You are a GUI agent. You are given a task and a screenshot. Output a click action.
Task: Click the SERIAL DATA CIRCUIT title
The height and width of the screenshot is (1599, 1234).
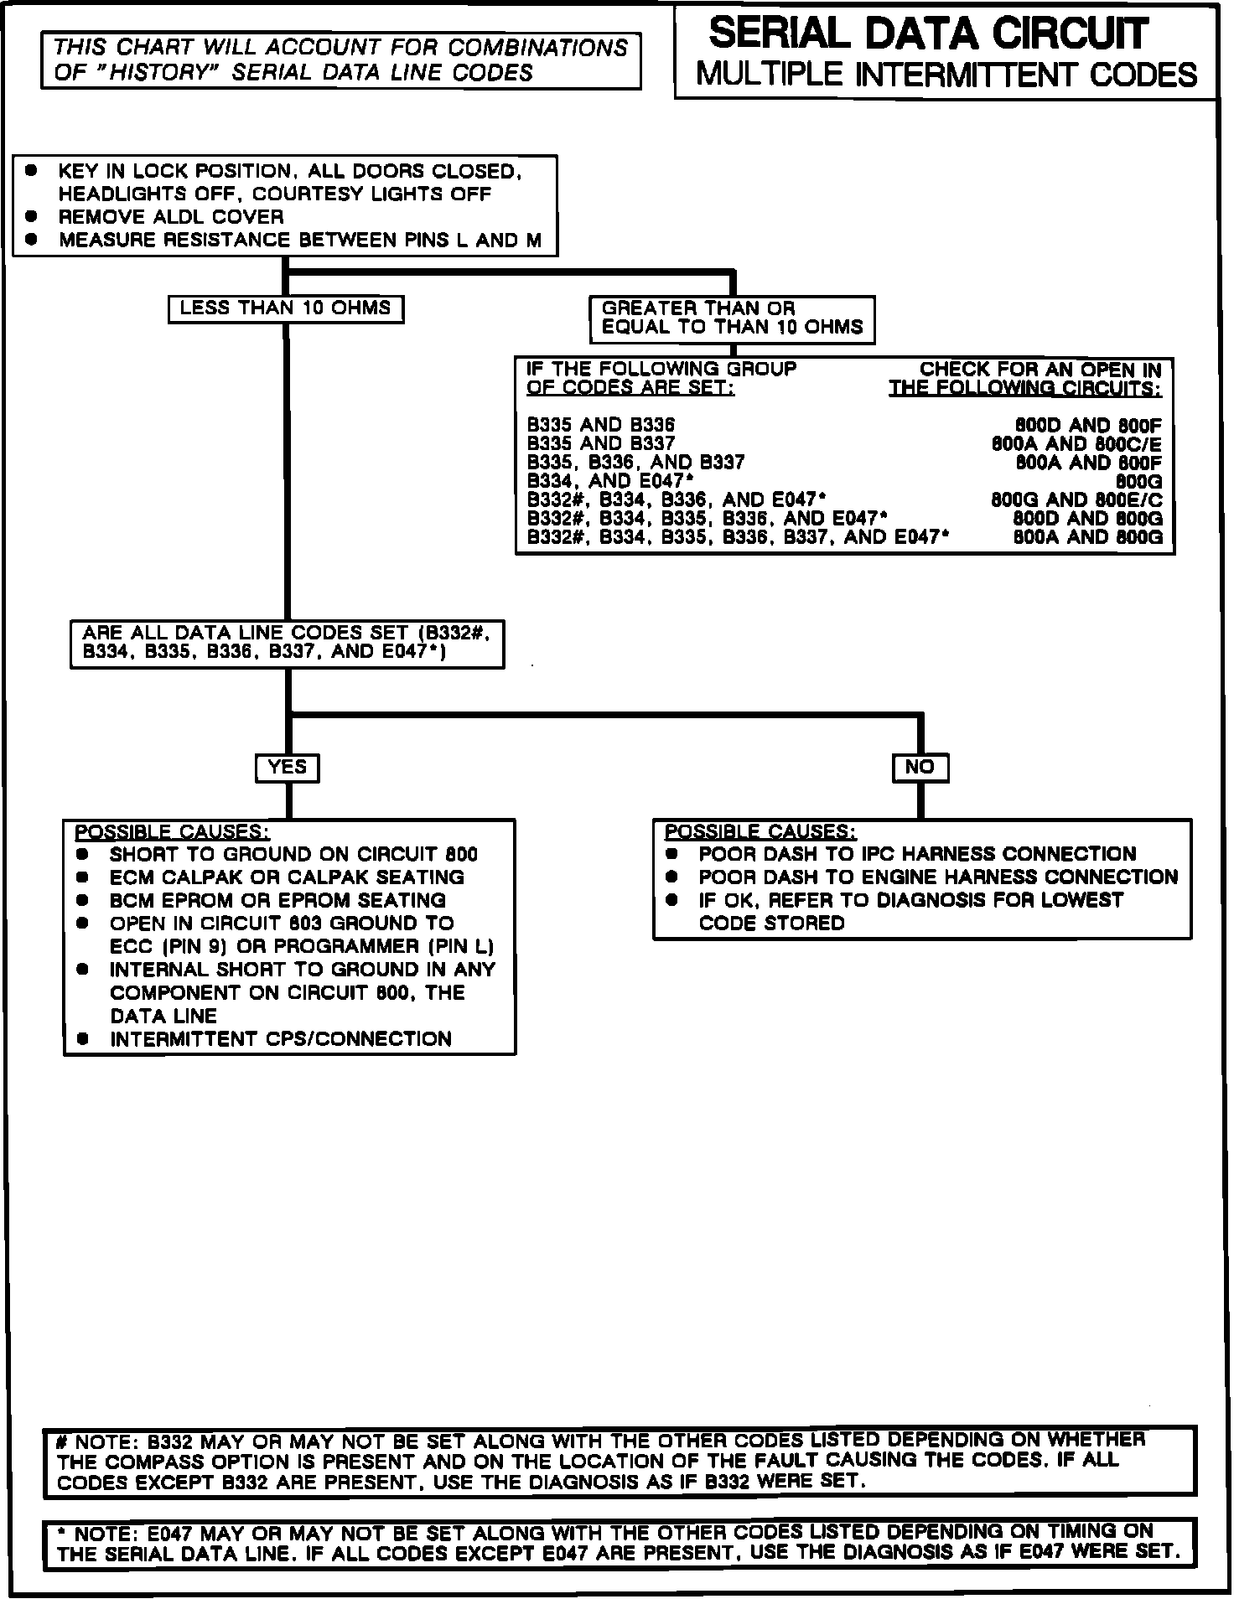tap(928, 34)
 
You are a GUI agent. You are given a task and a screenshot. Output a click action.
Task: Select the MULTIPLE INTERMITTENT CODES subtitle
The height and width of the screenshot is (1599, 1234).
tap(946, 75)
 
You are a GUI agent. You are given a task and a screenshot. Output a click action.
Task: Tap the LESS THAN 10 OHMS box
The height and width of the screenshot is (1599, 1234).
tap(285, 308)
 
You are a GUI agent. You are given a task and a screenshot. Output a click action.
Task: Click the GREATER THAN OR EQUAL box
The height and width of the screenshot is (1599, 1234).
tap(732, 318)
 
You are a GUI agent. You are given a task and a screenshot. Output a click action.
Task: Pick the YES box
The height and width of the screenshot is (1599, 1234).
tap(287, 767)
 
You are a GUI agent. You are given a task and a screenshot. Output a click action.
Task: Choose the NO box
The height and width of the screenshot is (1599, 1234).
tap(920, 767)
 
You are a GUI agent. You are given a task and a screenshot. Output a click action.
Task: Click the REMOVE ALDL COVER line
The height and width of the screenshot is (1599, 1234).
tap(171, 217)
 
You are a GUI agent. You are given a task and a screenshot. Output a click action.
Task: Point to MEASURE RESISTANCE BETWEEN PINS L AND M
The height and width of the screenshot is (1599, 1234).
tap(299, 241)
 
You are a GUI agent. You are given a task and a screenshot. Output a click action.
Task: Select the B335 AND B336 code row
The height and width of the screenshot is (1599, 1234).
tap(600, 426)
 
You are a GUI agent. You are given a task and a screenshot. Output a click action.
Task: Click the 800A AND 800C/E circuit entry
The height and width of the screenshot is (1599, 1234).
tap(1076, 444)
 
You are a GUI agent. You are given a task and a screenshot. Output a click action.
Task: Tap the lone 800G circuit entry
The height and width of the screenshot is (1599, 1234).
tap(1139, 481)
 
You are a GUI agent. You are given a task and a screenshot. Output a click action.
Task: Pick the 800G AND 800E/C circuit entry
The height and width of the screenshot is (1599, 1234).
tap(1076, 499)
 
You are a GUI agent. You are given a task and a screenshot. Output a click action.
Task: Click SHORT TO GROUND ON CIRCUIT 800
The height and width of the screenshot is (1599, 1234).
tap(293, 855)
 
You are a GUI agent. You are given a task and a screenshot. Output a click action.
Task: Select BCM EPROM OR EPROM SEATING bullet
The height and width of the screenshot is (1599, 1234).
tap(277, 901)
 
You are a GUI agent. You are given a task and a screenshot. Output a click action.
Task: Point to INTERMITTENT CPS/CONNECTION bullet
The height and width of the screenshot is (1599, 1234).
tap(280, 1039)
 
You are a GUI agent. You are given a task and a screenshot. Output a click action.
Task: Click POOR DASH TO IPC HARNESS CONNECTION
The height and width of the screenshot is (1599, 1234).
tap(917, 855)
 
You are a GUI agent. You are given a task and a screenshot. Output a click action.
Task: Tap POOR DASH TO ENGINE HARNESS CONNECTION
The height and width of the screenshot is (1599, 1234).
tap(938, 877)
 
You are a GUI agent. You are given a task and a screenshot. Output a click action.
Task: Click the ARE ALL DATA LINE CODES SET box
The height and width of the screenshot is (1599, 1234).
tap(287, 643)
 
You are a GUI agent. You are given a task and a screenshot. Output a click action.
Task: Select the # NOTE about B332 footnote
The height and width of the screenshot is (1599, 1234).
tap(620, 1461)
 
